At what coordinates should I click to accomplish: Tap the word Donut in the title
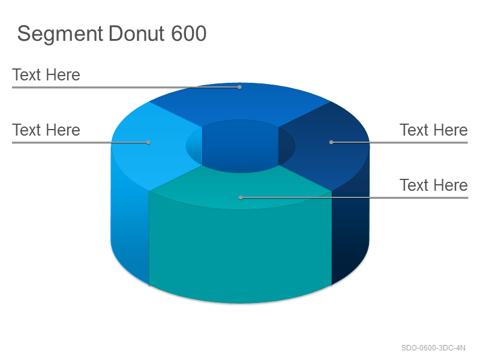[137, 34]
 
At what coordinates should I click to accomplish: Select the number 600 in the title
[188, 34]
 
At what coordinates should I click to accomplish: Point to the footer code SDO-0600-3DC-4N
[433, 348]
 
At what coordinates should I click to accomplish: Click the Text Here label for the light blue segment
[46, 130]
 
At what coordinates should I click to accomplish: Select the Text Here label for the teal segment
[433, 185]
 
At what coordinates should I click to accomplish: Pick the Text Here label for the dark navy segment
[433, 130]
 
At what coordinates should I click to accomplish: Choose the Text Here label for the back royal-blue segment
[46, 75]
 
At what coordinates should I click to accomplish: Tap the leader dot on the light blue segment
[148, 142]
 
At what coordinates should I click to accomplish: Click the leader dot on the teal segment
[241, 198]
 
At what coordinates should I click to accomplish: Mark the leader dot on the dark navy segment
[331, 142]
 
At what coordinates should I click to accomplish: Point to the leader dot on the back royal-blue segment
[239, 87]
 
